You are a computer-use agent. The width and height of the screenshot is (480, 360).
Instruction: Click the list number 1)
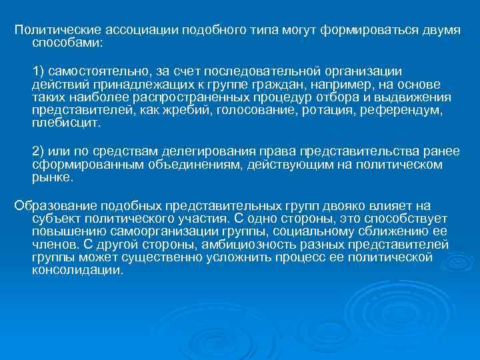click(x=39, y=71)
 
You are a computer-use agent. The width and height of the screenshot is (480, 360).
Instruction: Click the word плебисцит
click(x=66, y=123)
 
